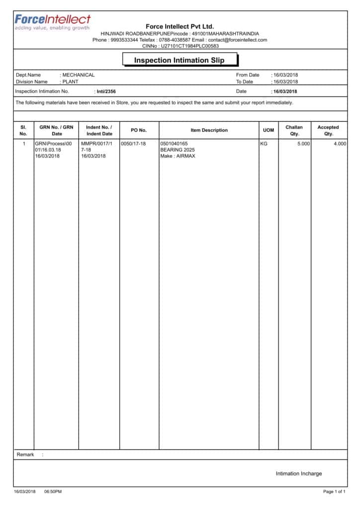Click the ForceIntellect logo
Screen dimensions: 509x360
[52, 22]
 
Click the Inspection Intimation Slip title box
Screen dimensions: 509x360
[180, 60]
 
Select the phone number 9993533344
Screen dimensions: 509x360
[124, 40]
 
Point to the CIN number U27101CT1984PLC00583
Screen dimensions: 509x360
[189, 46]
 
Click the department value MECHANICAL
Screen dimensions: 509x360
[78, 75]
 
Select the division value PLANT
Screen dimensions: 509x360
[70, 82]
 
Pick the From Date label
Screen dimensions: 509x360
[248, 75]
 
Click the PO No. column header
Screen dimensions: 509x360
[139, 130]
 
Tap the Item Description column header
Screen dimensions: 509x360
[209, 130]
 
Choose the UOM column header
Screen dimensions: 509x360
[269, 130]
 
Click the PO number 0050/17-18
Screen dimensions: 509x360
[133, 144]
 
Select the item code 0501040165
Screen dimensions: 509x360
[174, 144]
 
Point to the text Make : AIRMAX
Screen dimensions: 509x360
[178, 156]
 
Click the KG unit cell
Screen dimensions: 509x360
[264, 144]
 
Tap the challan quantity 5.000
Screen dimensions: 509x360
[303, 144]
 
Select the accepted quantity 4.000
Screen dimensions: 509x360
[340, 144]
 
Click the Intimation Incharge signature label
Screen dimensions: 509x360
[299, 473]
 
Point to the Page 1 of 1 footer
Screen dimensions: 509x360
[334, 492]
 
